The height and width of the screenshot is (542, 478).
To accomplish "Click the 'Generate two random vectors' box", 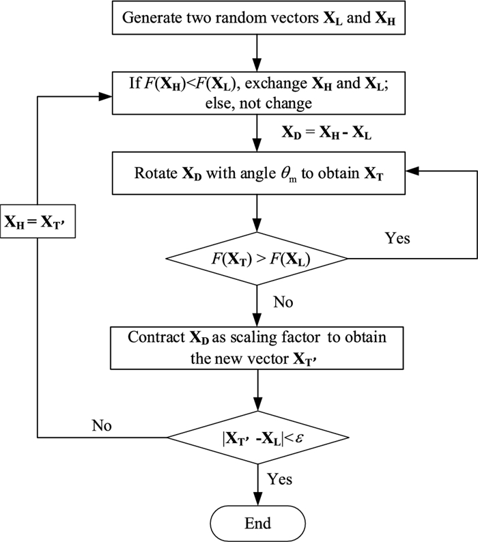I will tap(257, 17).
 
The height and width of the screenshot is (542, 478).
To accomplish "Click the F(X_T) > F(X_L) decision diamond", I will tap(257, 259).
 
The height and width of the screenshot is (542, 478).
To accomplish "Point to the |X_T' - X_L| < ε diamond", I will tap(257, 435).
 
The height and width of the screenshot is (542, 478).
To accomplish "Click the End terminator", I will tap(257, 524).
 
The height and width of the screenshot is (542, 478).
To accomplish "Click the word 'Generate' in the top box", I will tap(148, 18).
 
